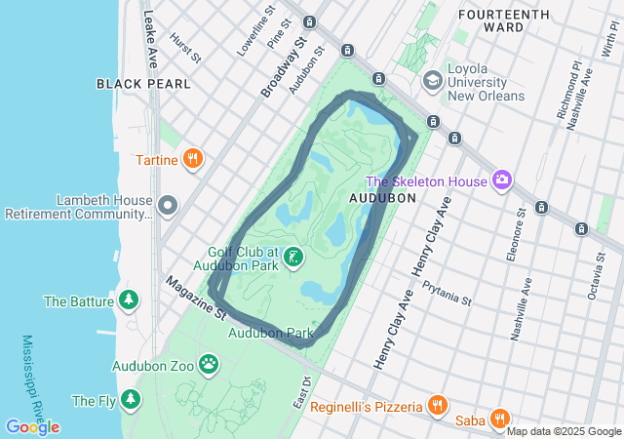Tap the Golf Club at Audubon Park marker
(x=292, y=258)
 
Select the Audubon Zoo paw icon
(x=209, y=365)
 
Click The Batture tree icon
(x=128, y=300)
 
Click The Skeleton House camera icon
(x=502, y=180)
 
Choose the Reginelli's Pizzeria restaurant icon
(x=436, y=405)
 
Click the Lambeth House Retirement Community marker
(x=168, y=206)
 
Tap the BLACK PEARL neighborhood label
(x=143, y=84)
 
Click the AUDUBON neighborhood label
(x=382, y=197)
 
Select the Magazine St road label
(x=195, y=298)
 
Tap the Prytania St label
(x=447, y=293)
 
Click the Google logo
(x=32, y=426)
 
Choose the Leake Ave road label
(x=150, y=38)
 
